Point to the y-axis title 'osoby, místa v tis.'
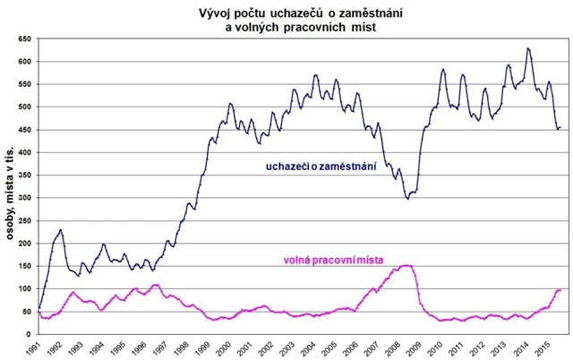point(11,188)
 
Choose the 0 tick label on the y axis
point(30,334)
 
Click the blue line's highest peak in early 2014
point(529,48)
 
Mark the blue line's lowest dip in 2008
point(407,198)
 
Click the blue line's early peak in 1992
point(61,230)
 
